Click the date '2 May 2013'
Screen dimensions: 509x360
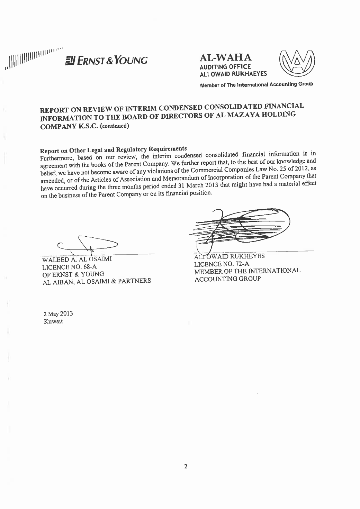58,314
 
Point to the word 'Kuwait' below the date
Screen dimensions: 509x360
53,322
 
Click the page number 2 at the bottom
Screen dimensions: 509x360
186,467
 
